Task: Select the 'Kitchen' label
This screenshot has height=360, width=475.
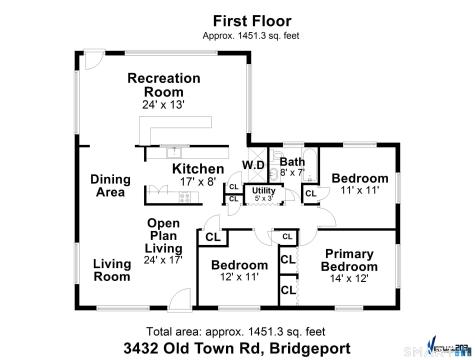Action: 198,169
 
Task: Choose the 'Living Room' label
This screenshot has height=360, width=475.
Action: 112,270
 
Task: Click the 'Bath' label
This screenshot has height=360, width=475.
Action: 292,161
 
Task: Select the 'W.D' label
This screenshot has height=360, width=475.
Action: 253,165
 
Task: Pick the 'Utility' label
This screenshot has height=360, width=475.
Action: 264,190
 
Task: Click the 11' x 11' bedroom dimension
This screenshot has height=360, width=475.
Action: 359,190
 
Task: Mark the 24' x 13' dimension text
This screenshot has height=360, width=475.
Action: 164,103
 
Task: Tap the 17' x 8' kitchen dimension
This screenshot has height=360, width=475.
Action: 198,182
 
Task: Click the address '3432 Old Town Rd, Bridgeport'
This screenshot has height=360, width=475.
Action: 238,348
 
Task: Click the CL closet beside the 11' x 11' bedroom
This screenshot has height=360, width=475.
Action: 310,193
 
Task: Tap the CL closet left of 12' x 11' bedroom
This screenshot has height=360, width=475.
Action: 212,237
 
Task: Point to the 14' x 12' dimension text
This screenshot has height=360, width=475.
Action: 350,279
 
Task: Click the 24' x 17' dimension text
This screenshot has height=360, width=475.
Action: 164,259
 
